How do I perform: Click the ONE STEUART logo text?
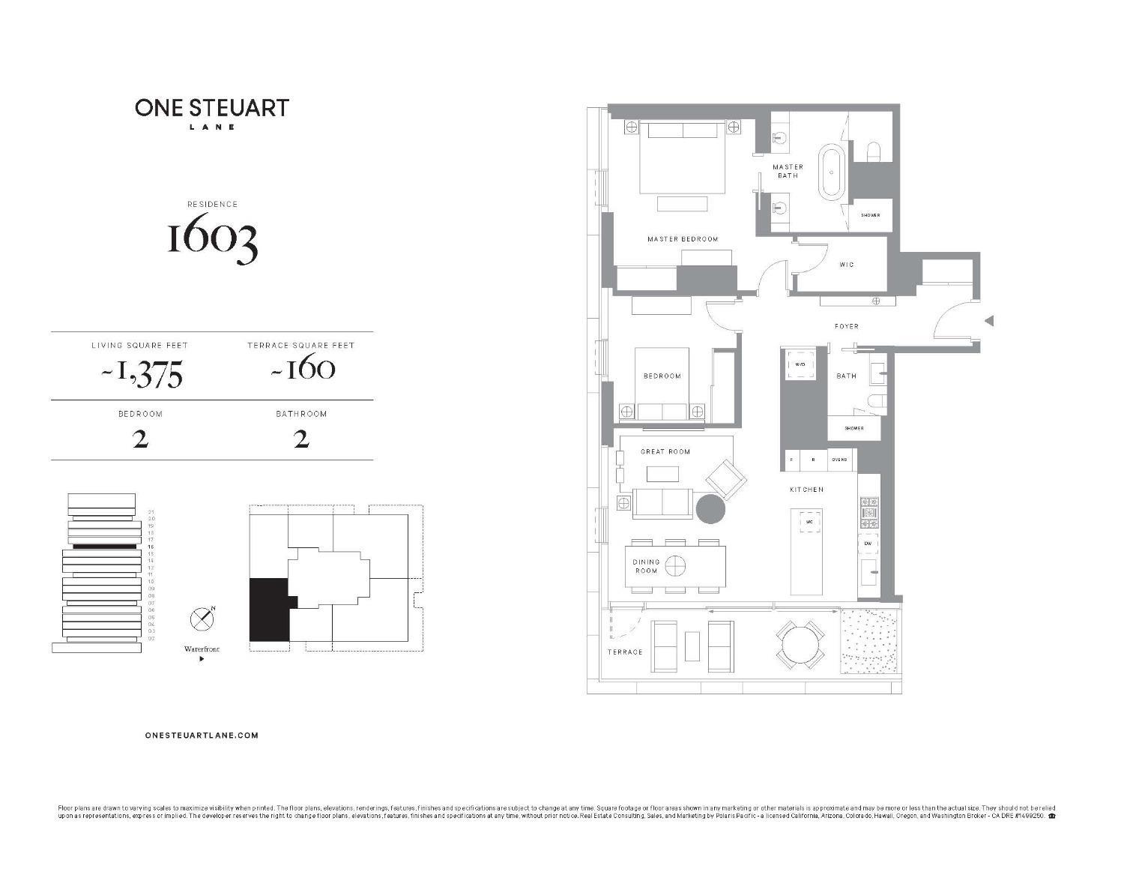pyautogui.click(x=212, y=108)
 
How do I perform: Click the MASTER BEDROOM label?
pyautogui.click(x=683, y=239)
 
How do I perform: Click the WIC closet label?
pyautogui.click(x=846, y=265)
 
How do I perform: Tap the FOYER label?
pyautogui.click(x=847, y=326)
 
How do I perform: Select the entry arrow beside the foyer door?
pyautogui.click(x=988, y=321)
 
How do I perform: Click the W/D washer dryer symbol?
pyautogui.click(x=800, y=364)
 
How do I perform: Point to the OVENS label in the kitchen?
pyautogui.click(x=839, y=460)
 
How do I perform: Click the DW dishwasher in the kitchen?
pyautogui.click(x=867, y=543)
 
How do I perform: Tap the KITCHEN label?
pyautogui.click(x=806, y=490)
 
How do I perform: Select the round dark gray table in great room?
pyautogui.click(x=710, y=508)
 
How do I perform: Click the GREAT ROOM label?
pyautogui.click(x=665, y=451)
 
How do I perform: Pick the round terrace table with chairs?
pyautogui.click(x=800, y=644)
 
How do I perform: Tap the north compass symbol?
pyautogui.click(x=202, y=619)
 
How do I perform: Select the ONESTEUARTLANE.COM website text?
pyautogui.click(x=202, y=736)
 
